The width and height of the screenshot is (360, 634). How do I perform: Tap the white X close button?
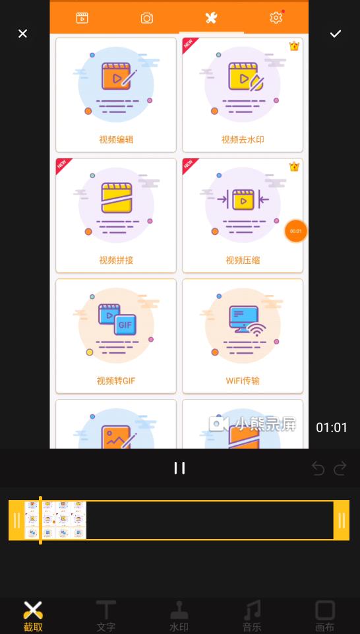point(22,34)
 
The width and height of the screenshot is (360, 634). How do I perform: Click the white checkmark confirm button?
point(336,34)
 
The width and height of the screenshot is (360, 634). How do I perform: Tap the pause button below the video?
point(179,468)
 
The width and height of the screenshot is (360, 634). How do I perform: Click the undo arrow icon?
point(318,468)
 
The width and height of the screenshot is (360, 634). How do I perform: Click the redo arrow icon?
point(340,468)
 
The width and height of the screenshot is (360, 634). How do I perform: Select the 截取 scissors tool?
point(33,616)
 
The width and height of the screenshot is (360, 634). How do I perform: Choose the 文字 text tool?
point(106,616)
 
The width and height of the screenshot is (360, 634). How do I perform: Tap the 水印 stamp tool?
point(179,616)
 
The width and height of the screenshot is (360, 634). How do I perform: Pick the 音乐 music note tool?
point(251,616)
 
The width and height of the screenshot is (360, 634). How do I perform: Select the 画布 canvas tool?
point(324,616)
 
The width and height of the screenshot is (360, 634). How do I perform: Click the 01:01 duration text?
point(332,428)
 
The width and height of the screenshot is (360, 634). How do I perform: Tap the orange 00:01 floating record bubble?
point(295,231)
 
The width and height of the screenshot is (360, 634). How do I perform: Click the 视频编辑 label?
point(116,140)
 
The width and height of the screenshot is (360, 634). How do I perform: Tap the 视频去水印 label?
point(243,140)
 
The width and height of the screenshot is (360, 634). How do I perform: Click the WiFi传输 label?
point(243,381)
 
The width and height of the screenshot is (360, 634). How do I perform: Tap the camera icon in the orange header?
point(147,18)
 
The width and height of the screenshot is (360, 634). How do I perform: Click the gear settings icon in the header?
point(276,18)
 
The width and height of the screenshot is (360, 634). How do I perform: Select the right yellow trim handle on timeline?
point(342,521)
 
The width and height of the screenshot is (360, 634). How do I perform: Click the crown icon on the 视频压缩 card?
point(294,167)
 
